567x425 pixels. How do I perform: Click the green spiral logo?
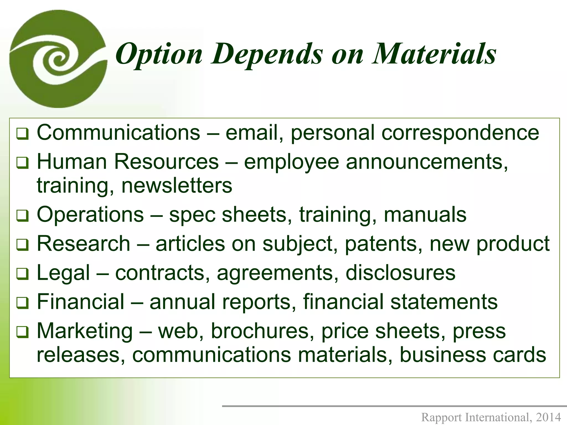click(58, 59)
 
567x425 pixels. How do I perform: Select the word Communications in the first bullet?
click(118, 133)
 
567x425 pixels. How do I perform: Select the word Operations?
click(90, 214)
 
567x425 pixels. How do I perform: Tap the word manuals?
click(425, 214)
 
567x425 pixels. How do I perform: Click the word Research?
click(83, 244)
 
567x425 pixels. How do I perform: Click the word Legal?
click(63, 273)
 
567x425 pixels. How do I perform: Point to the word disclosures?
click(400, 273)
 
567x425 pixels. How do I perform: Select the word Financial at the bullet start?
click(81, 302)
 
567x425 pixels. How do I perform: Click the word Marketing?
click(85, 331)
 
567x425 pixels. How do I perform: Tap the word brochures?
click(260, 331)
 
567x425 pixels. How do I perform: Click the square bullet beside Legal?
click(22, 274)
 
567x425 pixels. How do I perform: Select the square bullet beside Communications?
click(22, 134)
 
